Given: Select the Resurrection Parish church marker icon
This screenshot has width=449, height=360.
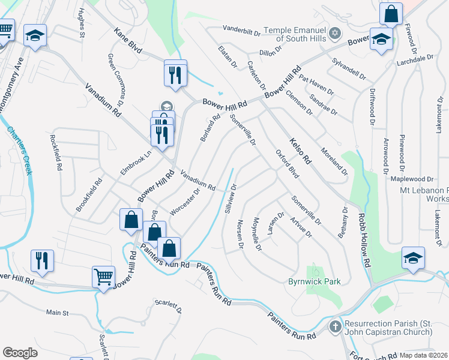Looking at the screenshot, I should (x=336, y=327).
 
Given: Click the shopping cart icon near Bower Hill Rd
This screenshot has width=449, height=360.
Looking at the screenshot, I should (x=103, y=277).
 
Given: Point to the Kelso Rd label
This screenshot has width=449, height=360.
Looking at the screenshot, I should (x=300, y=151).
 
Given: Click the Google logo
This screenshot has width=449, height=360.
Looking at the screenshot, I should (x=20, y=353).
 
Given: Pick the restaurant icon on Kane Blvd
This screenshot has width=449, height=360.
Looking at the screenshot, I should (x=175, y=74).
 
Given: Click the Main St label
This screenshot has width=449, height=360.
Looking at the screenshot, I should (x=58, y=313).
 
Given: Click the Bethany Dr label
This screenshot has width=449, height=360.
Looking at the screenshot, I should (x=343, y=222).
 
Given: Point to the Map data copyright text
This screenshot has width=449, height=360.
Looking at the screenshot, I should (x=424, y=355).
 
